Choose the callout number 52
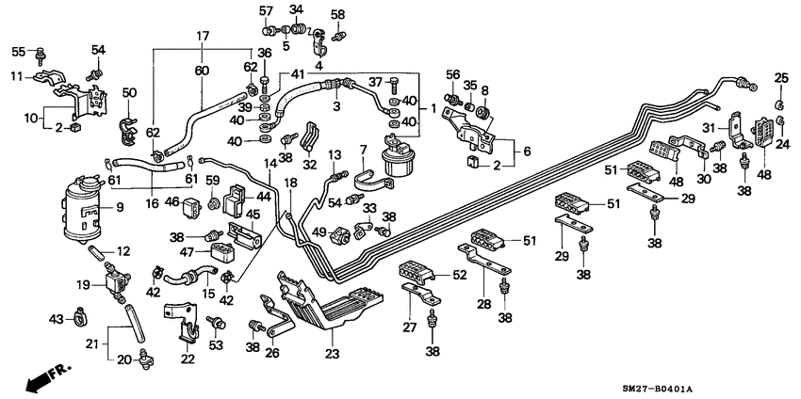pyautogui.click(x=461, y=276)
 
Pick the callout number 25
pyautogui.click(x=780, y=77)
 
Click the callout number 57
pyautogui.click(x=266, y=10)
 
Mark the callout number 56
pyautogui.click(x=452, y=76)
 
